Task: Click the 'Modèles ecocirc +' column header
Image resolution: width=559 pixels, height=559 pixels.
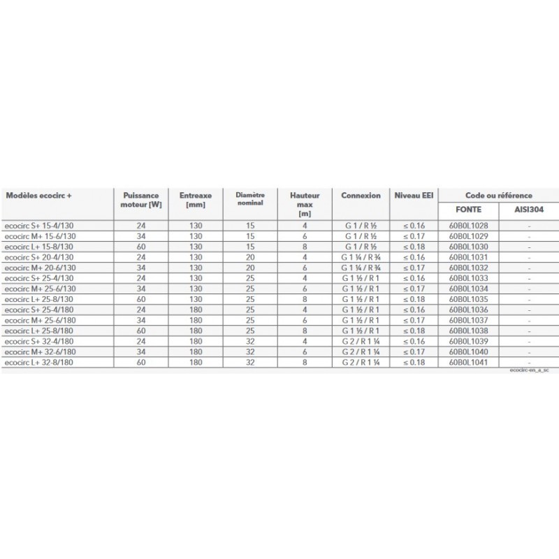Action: [38, 196]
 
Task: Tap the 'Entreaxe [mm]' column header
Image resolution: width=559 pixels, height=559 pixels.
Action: [196, 201]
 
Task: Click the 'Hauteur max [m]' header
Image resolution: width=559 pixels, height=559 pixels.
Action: [304, 205]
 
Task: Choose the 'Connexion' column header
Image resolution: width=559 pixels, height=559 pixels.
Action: [361, 196]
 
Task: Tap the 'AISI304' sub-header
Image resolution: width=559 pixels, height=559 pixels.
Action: [528, 210]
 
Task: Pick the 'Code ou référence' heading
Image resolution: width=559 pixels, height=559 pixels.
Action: [498, 196]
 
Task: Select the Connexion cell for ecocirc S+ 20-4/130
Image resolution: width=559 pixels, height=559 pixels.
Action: [361, 258]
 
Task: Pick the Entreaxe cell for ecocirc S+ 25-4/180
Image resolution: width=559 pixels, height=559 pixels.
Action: [196, 310]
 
